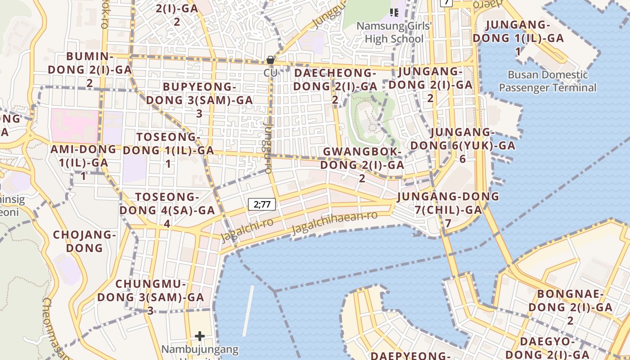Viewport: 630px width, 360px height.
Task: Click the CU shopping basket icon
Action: pyautogui.click(x=270, y=60)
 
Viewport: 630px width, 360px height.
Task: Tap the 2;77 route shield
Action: pyautogui.click(x=262, y=204)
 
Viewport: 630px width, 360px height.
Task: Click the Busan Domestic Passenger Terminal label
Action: pyautogui.click(x=548, y=81)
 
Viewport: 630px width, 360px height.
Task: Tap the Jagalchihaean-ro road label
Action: pyautogui.click(x=334, y=222)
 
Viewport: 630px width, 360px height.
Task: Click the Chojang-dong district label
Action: pyautogui.click(x=85, y=241)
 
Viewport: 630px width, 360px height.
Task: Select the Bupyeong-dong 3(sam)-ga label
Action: pyautogui.click(x=199, y=100)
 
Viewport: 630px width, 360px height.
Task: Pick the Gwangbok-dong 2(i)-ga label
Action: pyautogui.click(x=362, y=165)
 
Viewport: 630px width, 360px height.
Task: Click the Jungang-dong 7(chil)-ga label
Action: pyautogui.click(x=448, y=209)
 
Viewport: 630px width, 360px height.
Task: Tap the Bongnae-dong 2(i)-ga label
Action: pyautogui.click(x=570, y=307)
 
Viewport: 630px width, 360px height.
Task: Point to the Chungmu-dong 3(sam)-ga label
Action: pyautogui.click(x=151, y=297)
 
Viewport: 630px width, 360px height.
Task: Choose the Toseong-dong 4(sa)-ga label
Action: pyautogui.click(x=167, y=210)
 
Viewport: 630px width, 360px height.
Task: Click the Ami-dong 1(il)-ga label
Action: pyautogui.click(x=84, y=162)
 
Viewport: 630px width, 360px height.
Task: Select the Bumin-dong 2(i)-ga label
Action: pyautogui.click(x=90, y=69)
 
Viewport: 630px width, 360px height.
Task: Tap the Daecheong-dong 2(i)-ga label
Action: pyautogui.click(x=335, y=86)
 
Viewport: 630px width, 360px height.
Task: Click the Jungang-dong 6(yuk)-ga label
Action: pyautogui.click(x=463, y=145)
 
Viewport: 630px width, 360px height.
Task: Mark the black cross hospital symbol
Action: pyautogui.click(x=200, y=336)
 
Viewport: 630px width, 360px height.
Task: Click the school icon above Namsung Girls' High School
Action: pyautogui.click(x=394, y=12)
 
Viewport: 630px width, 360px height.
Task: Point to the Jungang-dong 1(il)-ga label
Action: pyautogui.click(x=518, y=38)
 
